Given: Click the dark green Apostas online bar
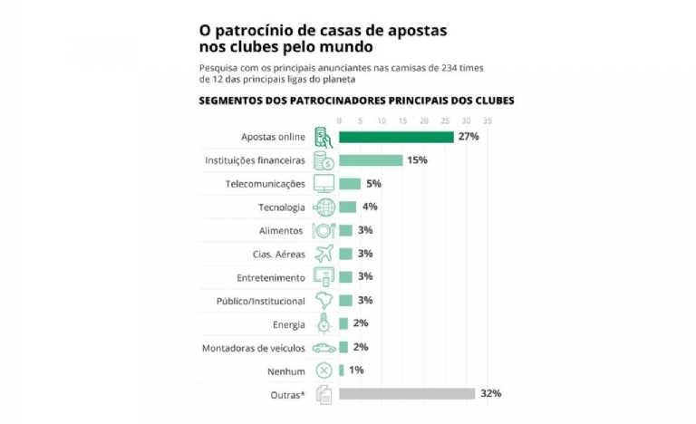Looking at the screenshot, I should [x=396, y=137].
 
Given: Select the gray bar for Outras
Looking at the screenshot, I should [x=406, y=393].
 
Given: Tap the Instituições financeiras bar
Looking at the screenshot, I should [x=371, y=160].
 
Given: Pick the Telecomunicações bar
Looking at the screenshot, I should [x=350, y=184].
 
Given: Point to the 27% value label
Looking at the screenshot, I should [x=468, y=137].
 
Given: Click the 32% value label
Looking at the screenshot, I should [x=490, y=393].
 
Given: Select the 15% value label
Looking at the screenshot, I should [x=417, y=160].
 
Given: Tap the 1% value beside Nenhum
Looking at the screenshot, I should [x=356, y=370].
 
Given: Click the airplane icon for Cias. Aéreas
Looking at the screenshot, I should [x=324, y=254].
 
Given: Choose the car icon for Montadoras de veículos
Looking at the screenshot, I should [x=324, y=347].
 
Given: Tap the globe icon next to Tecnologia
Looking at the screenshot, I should [x=324, y=207].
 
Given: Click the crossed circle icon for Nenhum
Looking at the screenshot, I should [x=324, y=370].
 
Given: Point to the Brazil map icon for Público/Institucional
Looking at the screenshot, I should [x=324, y=300].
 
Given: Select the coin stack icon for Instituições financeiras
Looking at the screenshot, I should [x=324, y=160].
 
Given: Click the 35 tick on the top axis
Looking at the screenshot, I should [x=488, y=120].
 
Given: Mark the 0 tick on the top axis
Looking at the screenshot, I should [x=339, y=120].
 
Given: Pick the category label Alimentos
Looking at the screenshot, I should [x=281, y=230].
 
